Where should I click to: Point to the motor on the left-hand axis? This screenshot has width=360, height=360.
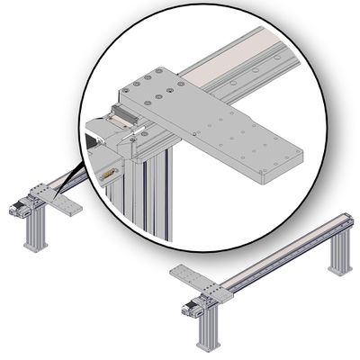click(18, 209)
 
